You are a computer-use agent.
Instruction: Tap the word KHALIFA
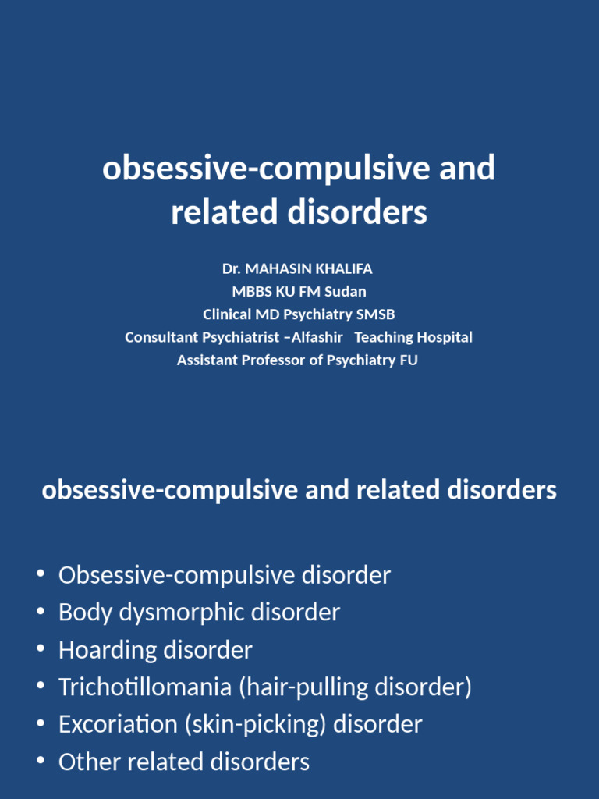pos(344,268)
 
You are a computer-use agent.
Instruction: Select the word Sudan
pos(347,292)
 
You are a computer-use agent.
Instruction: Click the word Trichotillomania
pos(146,687)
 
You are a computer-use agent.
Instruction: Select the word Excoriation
pos(119,724)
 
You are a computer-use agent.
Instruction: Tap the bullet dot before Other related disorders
pos(40,762)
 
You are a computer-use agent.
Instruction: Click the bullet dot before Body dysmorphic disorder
pos(40,613)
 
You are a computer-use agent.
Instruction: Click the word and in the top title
pos(466,169)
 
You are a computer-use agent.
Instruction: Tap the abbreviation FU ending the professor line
pos(409,360)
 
